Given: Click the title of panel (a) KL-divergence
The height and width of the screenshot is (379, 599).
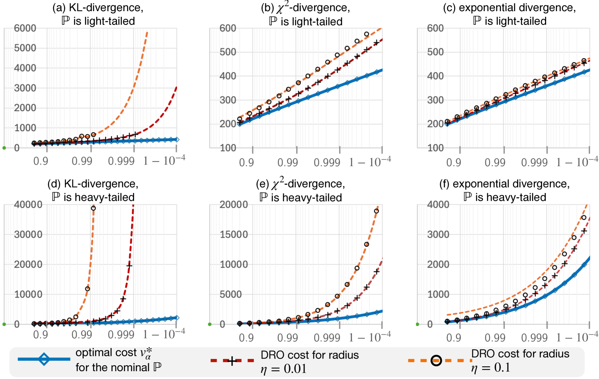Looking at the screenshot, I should coord(98,14).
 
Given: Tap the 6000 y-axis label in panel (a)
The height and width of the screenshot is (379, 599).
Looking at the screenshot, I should coord(25,28).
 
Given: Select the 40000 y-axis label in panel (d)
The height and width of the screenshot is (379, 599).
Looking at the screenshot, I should coord(28,205).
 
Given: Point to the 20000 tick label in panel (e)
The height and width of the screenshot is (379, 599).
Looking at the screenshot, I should coord(233,205).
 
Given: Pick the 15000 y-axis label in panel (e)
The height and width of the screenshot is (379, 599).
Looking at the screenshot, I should coord(233,235).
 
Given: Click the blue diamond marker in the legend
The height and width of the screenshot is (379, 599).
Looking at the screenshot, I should coord(44,359).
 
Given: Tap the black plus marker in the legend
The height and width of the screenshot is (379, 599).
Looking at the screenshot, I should coord(232,361).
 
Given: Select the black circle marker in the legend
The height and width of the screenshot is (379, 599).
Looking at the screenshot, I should coord(436,360).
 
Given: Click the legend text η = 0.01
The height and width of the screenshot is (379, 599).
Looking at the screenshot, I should coord(283,369).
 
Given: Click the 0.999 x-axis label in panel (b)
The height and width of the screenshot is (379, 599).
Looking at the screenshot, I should coord(327,163).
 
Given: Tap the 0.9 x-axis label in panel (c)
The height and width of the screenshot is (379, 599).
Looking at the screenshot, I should coord(453,163).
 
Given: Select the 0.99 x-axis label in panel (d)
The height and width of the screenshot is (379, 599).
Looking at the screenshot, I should coord(82,335).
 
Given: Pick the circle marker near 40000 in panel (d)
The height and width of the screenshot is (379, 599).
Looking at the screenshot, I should coord(93,208).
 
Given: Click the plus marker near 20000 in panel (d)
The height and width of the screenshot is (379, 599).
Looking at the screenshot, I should coord(129,266).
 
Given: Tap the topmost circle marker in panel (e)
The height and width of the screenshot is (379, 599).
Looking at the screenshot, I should coord(376,211).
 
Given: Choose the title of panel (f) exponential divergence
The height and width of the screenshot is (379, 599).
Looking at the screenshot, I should coord(505,190).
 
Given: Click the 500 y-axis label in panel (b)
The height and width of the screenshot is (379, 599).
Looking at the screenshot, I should coord(228,52).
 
